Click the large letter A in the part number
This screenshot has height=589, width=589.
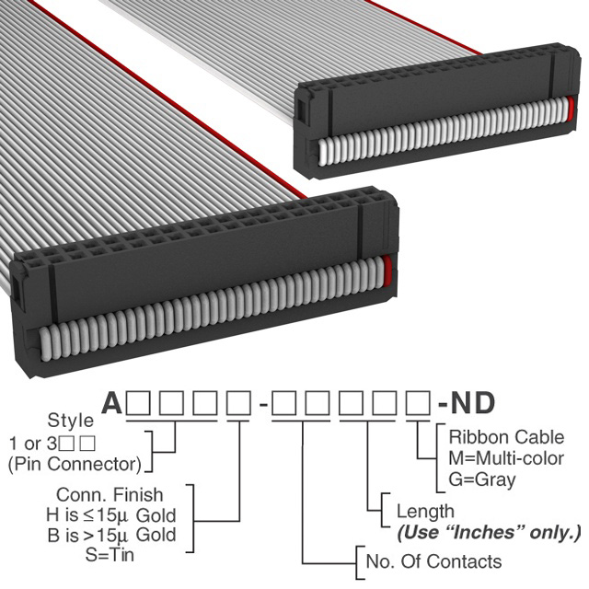click(x=112, y=403)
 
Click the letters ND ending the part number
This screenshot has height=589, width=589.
click(x=473, y=403)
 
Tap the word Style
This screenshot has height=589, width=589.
click(x=71, y=421)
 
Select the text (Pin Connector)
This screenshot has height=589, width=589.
click(x=75, y=464)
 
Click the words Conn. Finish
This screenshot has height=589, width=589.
click(x=110, y=495)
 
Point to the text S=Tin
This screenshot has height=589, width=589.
click(x=110, y=554)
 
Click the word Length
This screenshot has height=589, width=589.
click(x=425, y=512)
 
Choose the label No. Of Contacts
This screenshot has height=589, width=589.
click(x=433, y=561)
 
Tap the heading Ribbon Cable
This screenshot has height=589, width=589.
click(x=506, y=437)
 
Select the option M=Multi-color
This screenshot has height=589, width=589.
click(x=506, y=458)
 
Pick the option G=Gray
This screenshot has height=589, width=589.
click(x=482, y=479)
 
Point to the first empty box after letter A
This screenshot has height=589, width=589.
click(x=139, y=403)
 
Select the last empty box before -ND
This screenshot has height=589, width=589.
click(x=418, y=403)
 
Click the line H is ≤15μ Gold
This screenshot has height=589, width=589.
click(x=111, y=515)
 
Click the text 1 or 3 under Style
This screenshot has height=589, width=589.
click(x=33, y=444)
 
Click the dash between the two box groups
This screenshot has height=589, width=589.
click(x=263, y=405)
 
